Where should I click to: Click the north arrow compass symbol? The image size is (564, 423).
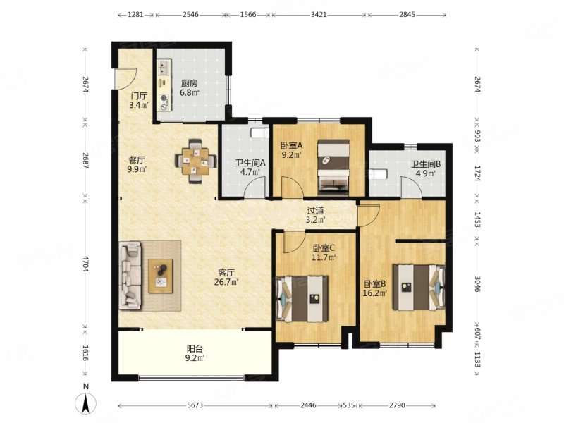click(85, 403)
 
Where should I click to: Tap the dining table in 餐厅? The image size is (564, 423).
click(196, 161)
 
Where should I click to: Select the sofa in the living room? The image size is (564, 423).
click(130, 276)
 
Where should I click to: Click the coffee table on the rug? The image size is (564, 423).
click(161, 276)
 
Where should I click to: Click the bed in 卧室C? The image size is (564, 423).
click(302, 299)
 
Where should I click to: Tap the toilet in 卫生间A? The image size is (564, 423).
click(259, 133)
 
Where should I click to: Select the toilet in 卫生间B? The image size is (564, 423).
click(378, 174)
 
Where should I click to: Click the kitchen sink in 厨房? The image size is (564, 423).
click(164, 68)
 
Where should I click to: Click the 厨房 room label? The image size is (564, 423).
click(189, 84)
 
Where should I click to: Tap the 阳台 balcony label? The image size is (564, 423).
click(195, 348)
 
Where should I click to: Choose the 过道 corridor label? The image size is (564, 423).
click(315, 210)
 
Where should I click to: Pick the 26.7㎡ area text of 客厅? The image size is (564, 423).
click(226, 282)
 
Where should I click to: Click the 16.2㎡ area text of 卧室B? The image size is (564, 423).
click(374, 293)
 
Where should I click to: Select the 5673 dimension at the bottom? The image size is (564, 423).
click(195, 405)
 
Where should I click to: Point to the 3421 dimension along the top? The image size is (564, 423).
click(319, 14)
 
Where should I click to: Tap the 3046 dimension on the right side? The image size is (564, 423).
click(477, 284)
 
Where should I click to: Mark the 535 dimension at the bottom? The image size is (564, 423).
click(349, 405)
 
